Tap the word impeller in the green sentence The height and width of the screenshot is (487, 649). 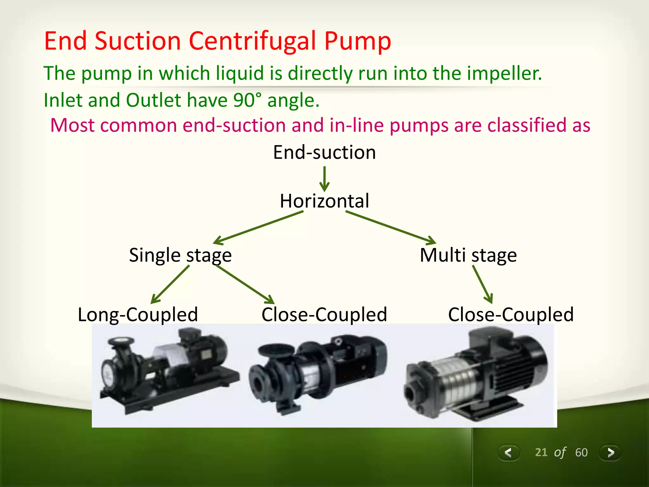(x=504, y=74)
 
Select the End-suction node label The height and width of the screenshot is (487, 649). (x=324, y=153)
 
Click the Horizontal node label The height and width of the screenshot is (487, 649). (x=324, y=201)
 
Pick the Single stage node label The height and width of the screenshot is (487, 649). (x=180, y=255)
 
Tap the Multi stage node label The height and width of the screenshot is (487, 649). (x=468, y=255)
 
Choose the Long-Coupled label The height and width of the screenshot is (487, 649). (x=138, y=315)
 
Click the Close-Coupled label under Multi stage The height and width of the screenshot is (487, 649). (x=511, y=315)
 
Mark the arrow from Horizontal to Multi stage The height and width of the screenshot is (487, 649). (x=390, y=228)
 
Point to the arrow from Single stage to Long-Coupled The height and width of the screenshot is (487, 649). (x=170, y=284)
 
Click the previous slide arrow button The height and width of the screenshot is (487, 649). (x=508, y=452)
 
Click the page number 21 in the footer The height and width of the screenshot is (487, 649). (x=541, y=452)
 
